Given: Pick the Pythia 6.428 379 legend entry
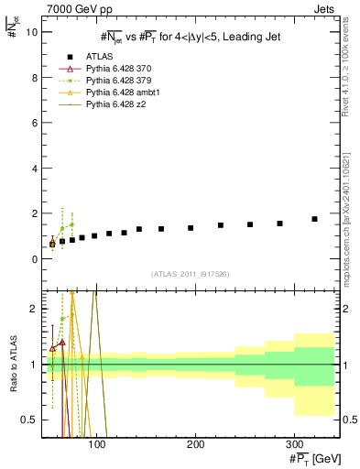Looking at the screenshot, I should pos(116,81).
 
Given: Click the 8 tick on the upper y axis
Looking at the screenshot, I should pos(33,78).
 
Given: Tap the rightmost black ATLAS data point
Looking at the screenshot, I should pos(314,219).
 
